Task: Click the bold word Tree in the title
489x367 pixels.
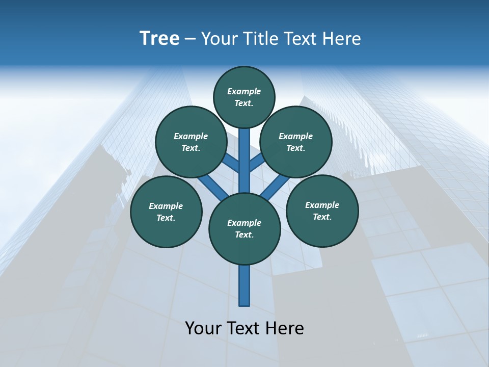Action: pos(159,38)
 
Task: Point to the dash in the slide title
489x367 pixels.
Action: pos(190,39)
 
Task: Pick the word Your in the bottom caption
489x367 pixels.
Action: pos(204,328)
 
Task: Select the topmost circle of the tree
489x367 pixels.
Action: pos(244,97)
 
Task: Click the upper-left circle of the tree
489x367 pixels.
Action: pos(191,142)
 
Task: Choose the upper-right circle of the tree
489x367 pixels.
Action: pos(296,142)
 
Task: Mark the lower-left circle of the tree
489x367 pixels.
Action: pos(166,212)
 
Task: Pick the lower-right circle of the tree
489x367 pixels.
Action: pos(322,211)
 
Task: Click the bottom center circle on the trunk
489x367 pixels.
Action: pos(244,229)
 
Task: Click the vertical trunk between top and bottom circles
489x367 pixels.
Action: pos(244,161)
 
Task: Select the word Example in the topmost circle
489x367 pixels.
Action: pos(244,91)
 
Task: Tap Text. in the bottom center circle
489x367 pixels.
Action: pos(244,235)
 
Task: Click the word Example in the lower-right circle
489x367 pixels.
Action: pos(322,205)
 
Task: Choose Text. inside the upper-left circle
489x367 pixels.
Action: pos(191,148)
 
